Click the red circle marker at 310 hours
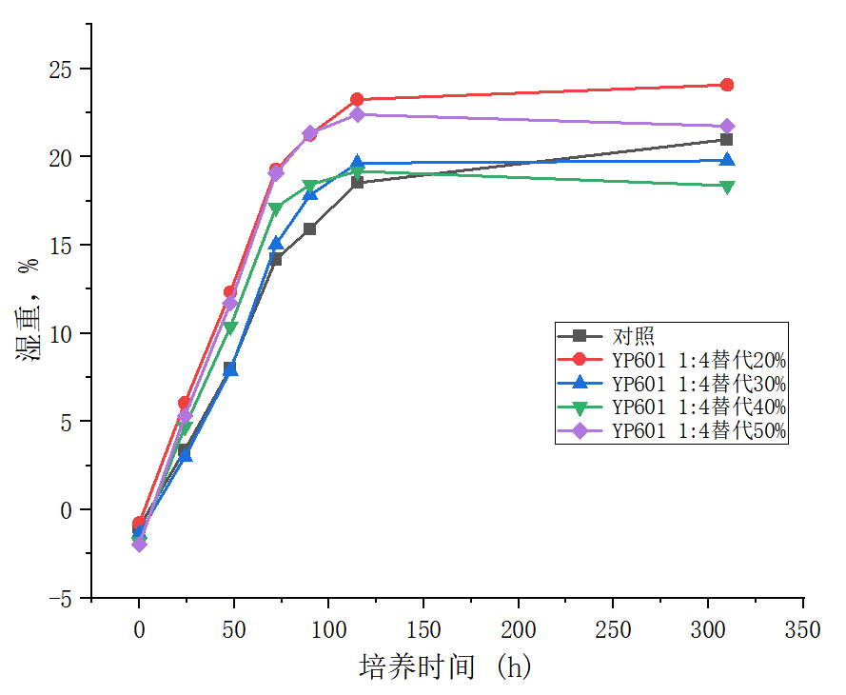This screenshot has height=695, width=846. click(727, 85)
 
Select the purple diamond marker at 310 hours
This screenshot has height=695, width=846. click(727, 127)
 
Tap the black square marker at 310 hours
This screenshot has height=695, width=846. click(727, 140)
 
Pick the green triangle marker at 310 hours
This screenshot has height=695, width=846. click(727, 187)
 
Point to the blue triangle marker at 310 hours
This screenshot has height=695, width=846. click(727, 160)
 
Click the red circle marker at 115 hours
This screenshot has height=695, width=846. click(357, 99)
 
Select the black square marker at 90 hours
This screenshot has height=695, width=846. click(310, 228)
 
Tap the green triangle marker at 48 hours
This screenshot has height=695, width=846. click(229, 328)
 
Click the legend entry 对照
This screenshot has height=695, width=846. click(633, 336)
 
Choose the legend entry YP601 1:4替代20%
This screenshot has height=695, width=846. click(698, 360)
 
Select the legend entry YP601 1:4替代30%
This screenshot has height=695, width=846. click(698, 384)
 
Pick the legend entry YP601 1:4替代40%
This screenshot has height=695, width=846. click(698, 407)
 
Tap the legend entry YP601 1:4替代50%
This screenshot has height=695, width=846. click(698, 431)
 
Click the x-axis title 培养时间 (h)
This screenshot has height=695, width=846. click(444, 666)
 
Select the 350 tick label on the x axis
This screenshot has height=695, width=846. click(803, 630)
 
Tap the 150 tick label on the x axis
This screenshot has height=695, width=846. click(423, 630)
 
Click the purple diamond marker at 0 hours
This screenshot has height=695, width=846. click(139, 544)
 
